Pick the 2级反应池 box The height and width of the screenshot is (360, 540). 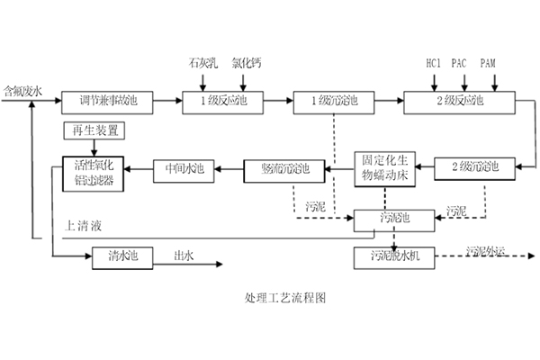click(x=458, y=101)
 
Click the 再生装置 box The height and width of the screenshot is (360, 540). click(x=94, y=132)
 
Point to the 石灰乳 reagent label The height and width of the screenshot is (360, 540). click(x=201, y=63)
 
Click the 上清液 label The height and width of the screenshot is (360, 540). click(x=84, y=222)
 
